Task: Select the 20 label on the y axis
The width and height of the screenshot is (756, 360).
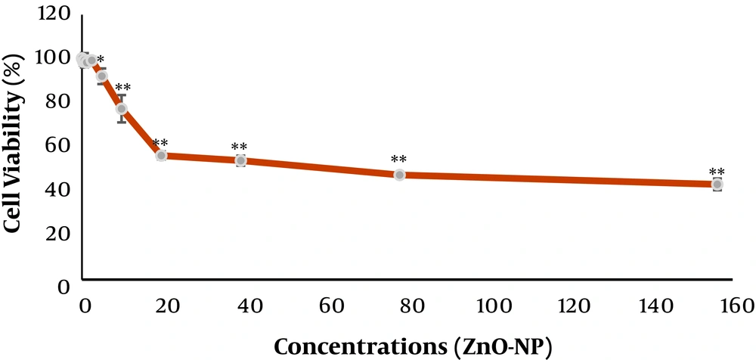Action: (60, 233)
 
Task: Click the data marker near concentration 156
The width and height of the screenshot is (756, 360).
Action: (717, 185)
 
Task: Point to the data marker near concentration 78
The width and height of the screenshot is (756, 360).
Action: (400, 175)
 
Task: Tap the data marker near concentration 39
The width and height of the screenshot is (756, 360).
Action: (241, 160)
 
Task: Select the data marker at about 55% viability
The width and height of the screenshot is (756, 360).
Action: (161, 155)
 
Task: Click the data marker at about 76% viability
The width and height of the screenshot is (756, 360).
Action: (122, 109)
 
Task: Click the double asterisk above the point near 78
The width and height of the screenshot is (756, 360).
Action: (399, 160)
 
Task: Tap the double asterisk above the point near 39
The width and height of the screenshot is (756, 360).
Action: (240, 147)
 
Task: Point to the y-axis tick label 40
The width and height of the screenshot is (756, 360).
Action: (60, 189)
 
